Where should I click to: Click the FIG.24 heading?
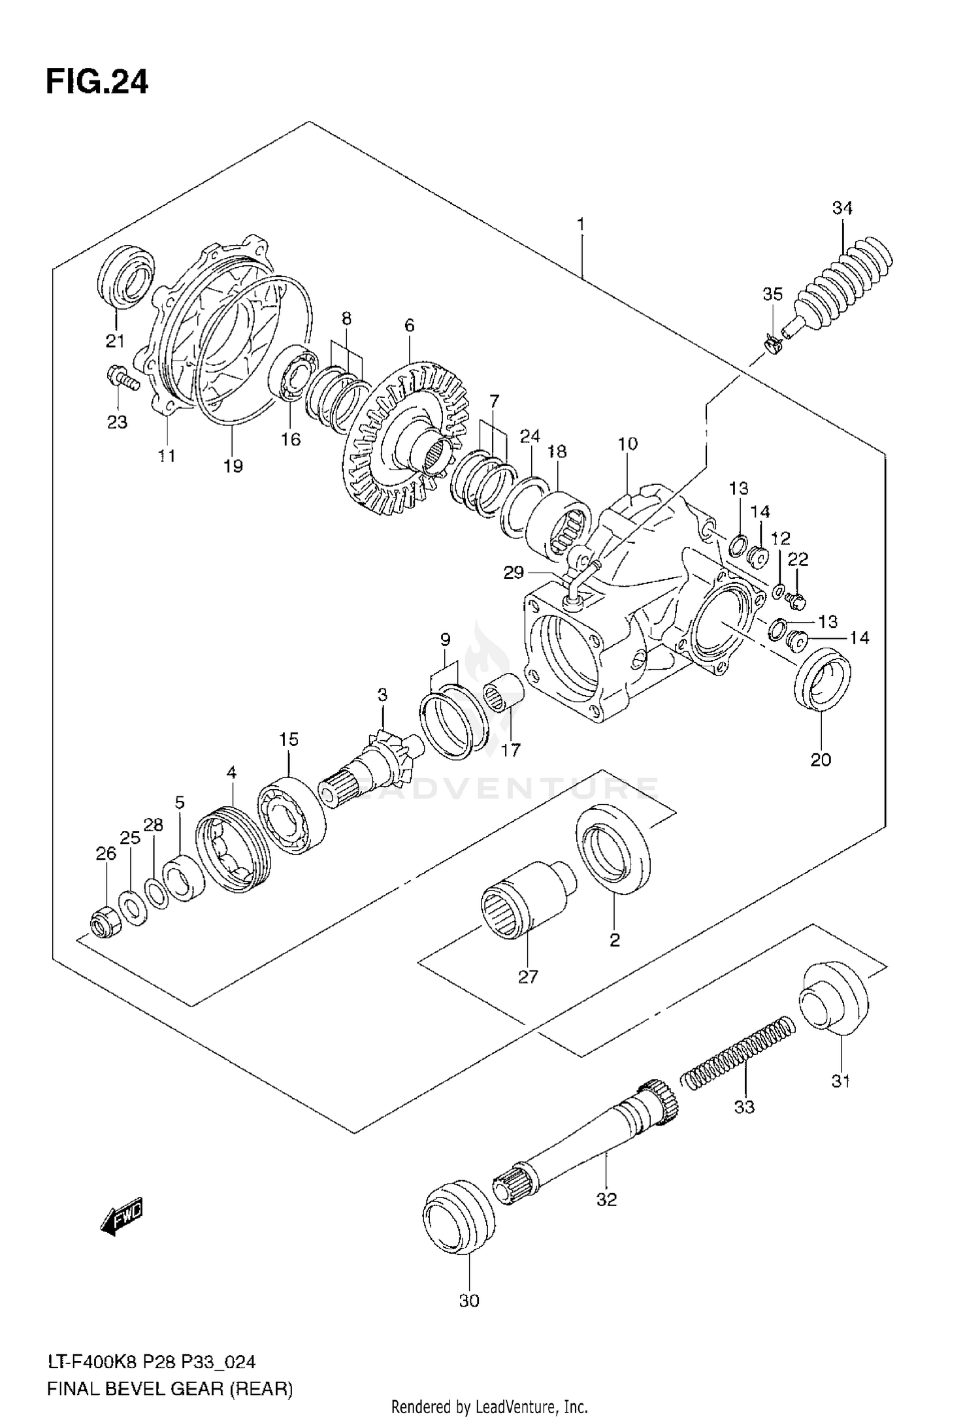click(x=97, y=83)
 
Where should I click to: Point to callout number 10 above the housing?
click(x=627, y=444)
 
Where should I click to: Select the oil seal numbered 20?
click(x=822, y=678)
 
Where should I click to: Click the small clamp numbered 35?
click(x=773, y=344)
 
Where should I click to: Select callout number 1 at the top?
click(x=580, y=225)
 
